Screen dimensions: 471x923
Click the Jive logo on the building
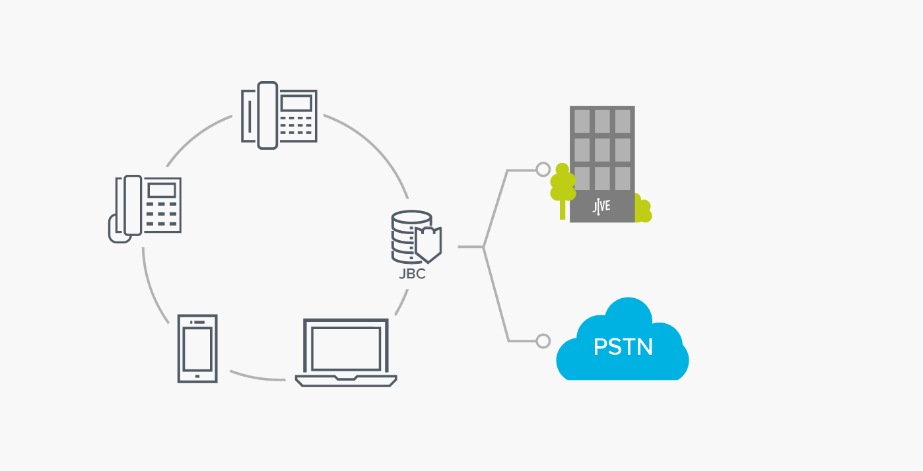[601, 205]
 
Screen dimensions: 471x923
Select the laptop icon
[346, 352]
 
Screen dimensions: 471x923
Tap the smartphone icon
[197, 348]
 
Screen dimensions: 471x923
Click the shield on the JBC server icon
[427, 243]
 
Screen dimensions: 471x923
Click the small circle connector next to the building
[543, 170]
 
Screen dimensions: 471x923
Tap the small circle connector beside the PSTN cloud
[543, 341]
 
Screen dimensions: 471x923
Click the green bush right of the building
[642, 209]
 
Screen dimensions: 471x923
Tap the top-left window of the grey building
[582, 121]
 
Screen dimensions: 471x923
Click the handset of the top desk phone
[267, 115]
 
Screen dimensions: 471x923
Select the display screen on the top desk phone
[296, 103]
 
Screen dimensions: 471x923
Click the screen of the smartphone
[197, 349]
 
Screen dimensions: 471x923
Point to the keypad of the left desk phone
[162, 214]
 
